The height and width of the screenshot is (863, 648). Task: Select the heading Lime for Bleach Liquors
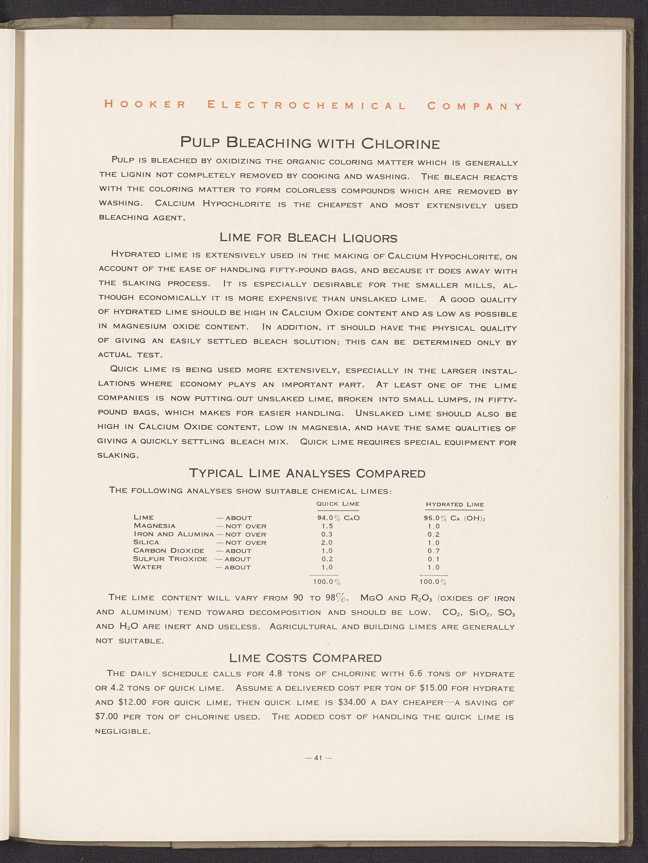(308, 238)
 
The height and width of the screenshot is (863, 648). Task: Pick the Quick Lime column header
(338, 504)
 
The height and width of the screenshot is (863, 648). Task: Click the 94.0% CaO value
(338, 518)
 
